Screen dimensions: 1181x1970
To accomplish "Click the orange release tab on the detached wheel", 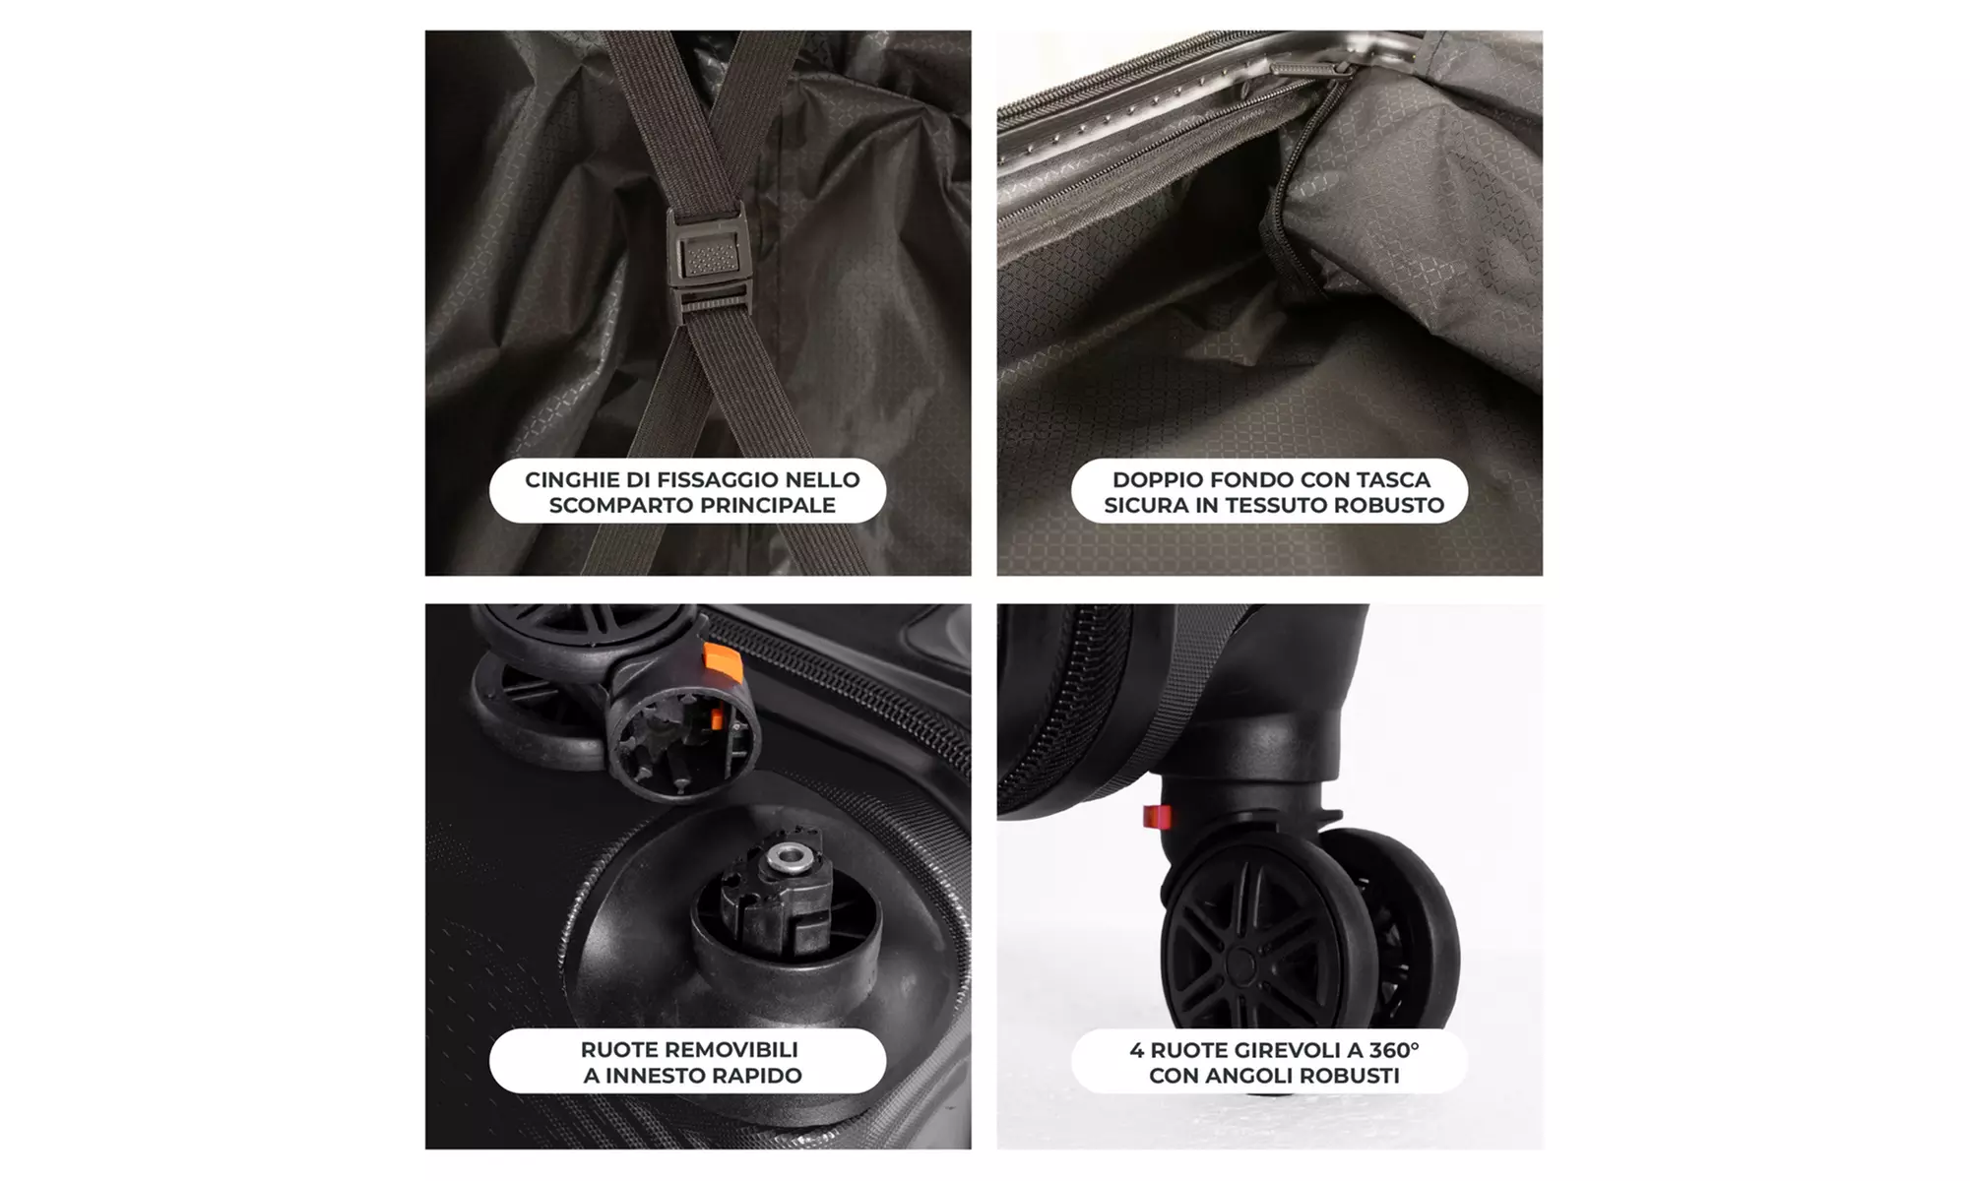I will point(722,661).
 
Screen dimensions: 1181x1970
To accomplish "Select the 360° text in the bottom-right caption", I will point(1390,1050).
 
